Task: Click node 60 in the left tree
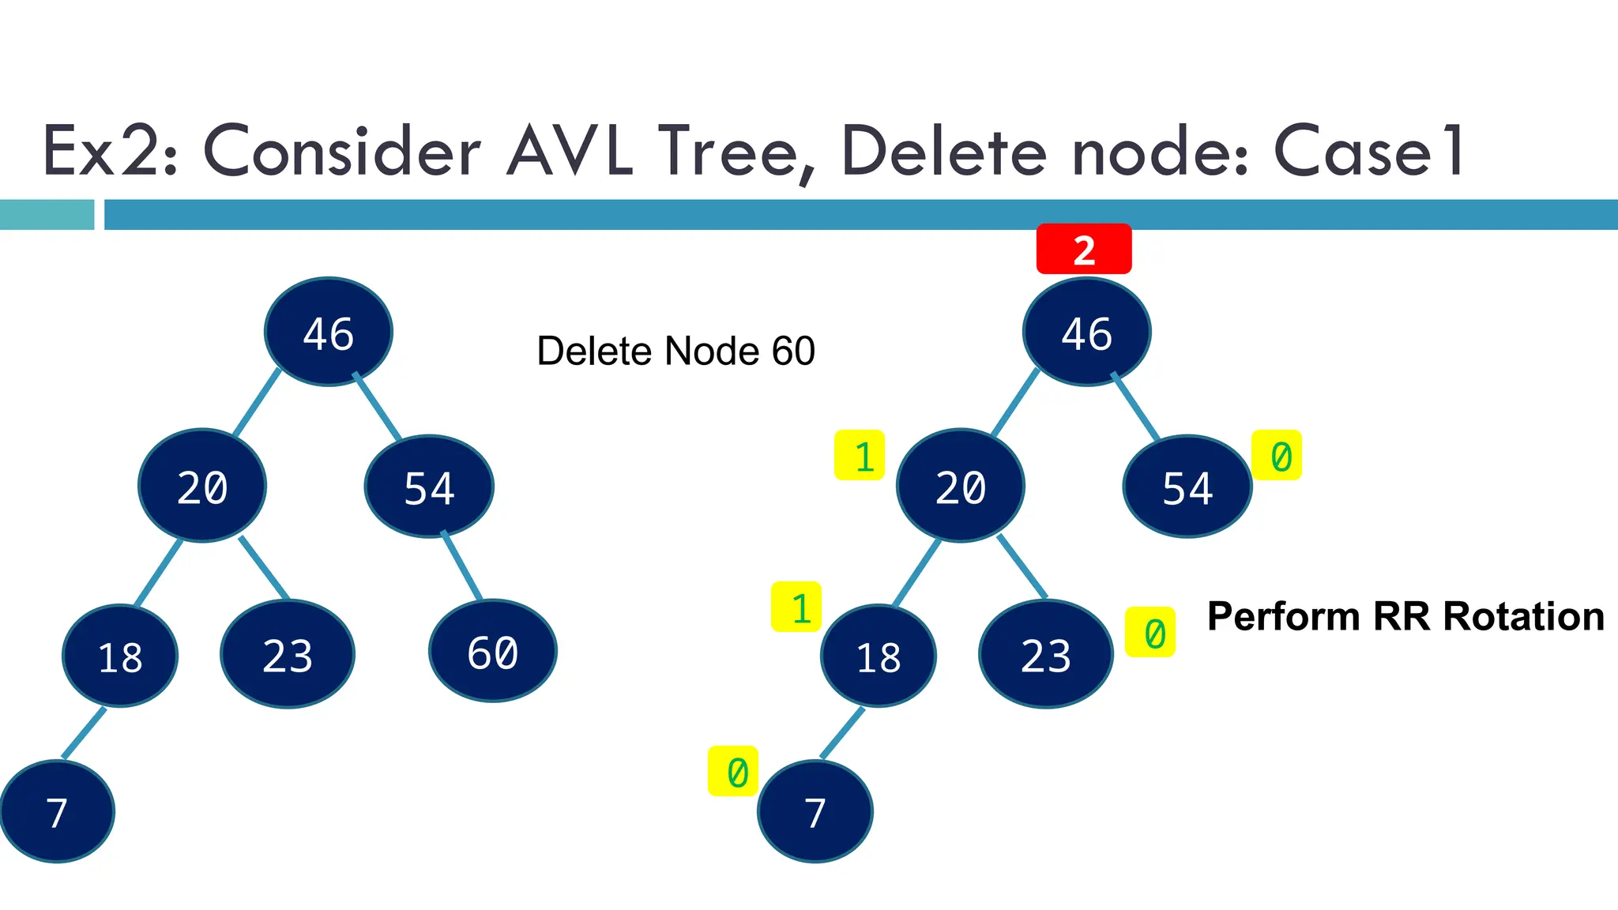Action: (x=493, y=651)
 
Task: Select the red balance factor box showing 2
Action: (x=1084, y=249)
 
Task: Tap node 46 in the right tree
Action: (x=1086, y=332)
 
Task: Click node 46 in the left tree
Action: (x=328, y=332)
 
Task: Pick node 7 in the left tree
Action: (x=57, y=811)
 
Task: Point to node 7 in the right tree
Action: (x=815, y=811)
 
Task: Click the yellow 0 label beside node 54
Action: (x=1277, y=456)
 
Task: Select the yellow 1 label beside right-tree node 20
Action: (x=860, y=456)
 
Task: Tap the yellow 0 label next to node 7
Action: (x=733, y=771)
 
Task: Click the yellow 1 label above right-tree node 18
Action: (x=796, y=607)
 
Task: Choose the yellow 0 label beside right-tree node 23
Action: (x=1150, y=632)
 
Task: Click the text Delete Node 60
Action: (x=675, y=352)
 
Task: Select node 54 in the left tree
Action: (x=429, y=487)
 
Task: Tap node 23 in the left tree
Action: (x=288, y=654)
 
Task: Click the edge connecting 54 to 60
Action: (x=462, y=566)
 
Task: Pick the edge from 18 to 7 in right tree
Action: (x=842, y=733)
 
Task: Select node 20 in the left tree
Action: (x=202, y=486)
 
